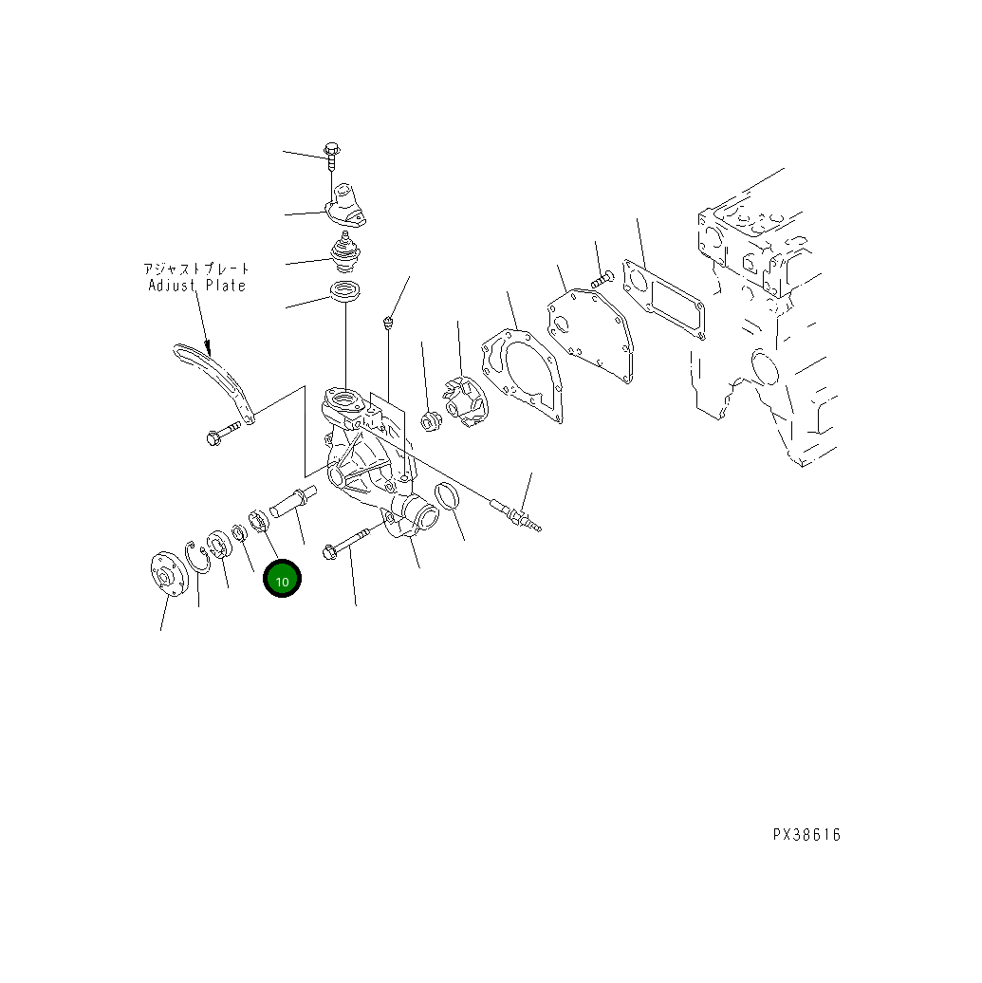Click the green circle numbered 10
coord(282,578)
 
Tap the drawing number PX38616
coord(806,835)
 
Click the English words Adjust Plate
coord(197,286)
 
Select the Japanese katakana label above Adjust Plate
coord(197,269)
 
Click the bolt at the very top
coord(332,157)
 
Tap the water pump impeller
coord(464,402)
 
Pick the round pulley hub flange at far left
coord(169,574)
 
